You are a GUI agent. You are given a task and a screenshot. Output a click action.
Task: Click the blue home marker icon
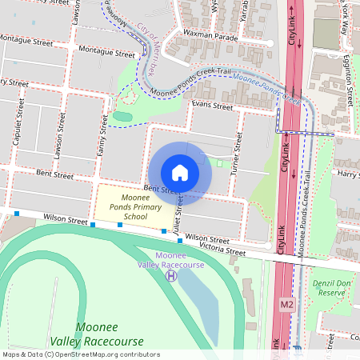click(x=180, y=173)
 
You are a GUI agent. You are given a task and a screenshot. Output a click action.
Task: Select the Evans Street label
click(x=212, y=106)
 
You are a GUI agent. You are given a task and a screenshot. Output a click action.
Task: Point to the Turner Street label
click(x=237, y=152)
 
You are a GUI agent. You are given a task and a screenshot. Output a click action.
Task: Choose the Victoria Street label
click(x=223, y=250)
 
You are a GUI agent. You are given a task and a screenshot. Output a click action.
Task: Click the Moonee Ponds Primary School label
click(x=134, y=206)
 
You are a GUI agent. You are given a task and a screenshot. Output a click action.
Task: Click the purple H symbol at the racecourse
click(x=170, y=276)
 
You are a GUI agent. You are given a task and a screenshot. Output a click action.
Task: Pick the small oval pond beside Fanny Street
click(x=122, y=117)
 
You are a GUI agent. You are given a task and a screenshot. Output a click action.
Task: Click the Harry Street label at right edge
click(x=347, y=173)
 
